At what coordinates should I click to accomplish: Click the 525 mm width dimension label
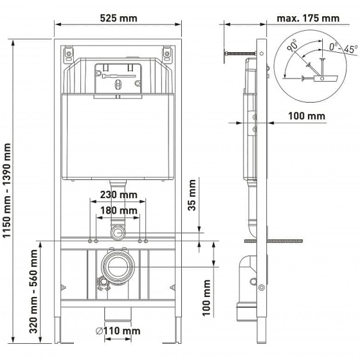pyautogui.click(x=118, y=18)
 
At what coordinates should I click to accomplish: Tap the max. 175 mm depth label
pyautogui.click(x=308, y=18)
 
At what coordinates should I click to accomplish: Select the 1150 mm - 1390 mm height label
pyautogui.click(x=8, y=190)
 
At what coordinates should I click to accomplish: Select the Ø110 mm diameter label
pyautogui.click(x=119, y=331)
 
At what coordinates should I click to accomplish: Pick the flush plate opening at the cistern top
pyautogui.click(x=118, y=77)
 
